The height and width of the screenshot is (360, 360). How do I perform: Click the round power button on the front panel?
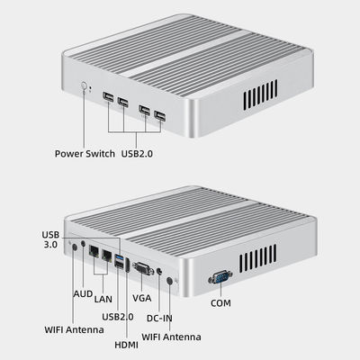coord(85,85)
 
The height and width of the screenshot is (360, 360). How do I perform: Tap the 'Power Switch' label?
coord(85,154)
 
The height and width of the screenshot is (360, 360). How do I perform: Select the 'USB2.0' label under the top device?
coord(137,154)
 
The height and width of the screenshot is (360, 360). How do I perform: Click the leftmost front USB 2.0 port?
coord(108,97)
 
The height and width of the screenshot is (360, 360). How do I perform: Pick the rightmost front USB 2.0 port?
coord(159,116)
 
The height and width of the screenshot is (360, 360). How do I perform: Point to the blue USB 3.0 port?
coord(120,257)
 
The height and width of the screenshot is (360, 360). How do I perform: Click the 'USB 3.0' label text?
coord(50,239)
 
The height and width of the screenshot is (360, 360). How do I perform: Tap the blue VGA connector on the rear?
coord(143,268)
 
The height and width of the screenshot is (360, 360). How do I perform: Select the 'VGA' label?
coord(142,298)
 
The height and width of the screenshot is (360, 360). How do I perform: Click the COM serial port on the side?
coord(220,276)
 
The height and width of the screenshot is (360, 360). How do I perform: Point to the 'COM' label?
coord(220,303)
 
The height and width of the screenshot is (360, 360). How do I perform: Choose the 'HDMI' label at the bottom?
coord(127,345)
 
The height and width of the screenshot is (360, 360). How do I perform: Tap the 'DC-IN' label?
coord(159,318)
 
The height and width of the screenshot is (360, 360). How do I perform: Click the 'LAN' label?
coord(103,299)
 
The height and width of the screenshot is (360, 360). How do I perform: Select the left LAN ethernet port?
coord(94,250)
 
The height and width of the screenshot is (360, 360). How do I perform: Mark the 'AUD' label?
coord(83,294)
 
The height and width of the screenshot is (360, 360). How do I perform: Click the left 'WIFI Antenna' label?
coord(74,329)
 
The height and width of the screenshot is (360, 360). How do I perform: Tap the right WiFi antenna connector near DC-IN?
coord(169,281)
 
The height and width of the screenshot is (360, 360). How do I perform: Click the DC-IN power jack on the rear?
coord(159,272)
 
